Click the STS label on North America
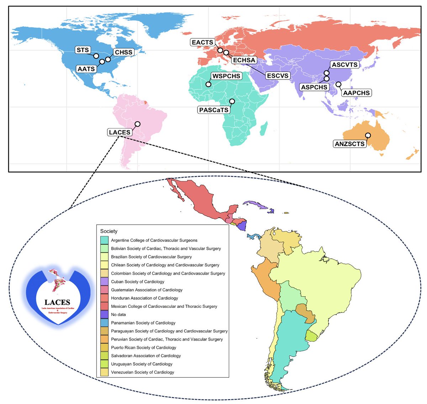83,50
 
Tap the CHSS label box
123,52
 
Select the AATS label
86,69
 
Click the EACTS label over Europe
202,42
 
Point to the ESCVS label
278,76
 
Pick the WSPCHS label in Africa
226,76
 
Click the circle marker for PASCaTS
232,102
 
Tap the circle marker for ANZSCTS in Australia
368,135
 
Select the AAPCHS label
357,93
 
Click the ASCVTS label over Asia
345,65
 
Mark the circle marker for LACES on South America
138,124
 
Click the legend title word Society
109,231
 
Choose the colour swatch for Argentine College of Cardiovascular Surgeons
104,240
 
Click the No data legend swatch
104,315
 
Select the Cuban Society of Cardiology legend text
138,281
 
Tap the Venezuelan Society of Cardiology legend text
142,372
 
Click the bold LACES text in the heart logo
57,302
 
